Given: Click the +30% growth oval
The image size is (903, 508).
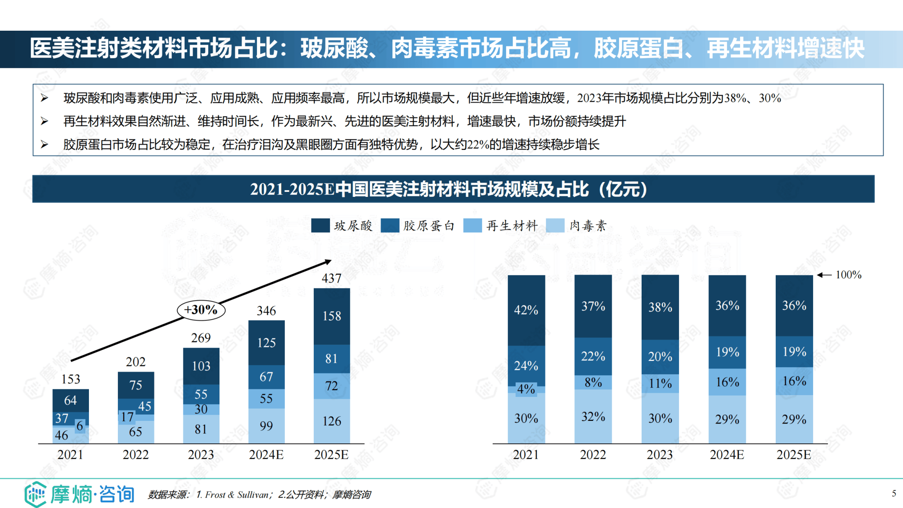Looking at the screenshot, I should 201,310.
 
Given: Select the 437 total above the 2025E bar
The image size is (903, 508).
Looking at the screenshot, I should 331,278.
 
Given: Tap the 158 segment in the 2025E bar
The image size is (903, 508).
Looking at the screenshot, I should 331,316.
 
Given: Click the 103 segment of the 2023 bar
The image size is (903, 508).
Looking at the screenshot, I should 201,366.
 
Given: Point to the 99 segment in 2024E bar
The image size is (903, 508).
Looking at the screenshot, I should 266,426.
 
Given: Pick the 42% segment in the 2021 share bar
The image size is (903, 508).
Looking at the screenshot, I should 526,310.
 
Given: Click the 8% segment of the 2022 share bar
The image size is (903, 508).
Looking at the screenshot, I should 593,382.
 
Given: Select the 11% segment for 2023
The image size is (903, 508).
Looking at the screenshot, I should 660,383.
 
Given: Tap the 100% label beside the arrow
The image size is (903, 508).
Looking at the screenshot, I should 848,275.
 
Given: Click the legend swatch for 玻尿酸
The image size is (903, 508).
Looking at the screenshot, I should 320,225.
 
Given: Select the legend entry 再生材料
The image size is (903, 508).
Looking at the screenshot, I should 512,225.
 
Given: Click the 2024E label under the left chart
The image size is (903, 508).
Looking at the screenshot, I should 266,455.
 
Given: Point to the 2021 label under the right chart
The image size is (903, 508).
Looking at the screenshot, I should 526,455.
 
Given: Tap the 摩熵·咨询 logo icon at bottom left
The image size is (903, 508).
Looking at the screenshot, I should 35,494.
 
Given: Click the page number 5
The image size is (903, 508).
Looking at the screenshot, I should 894,493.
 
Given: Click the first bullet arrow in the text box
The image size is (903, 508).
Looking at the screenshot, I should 44,98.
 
